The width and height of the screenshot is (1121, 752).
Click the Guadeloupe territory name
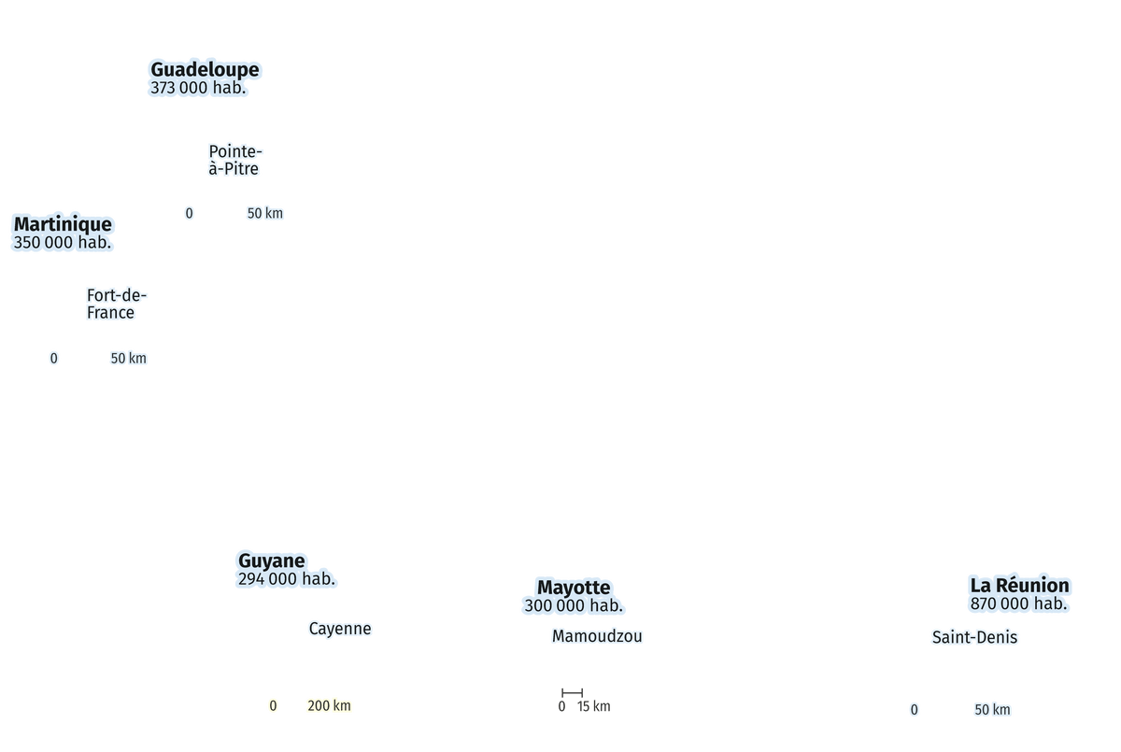205,69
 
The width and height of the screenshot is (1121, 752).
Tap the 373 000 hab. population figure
198,88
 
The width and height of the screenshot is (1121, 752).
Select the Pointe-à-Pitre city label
235,160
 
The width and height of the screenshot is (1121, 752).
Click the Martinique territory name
63,224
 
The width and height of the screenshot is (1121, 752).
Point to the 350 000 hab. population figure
62,242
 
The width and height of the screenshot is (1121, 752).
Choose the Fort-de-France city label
116,304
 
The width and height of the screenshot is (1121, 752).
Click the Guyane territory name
271,560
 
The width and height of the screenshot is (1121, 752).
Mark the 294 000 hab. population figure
286,579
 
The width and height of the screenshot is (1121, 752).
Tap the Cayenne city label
340,629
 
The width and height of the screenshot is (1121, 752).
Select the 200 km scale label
329,705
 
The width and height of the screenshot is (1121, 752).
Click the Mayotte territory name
574,588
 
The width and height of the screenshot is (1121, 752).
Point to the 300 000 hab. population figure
574,605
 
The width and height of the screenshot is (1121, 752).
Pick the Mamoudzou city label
597,636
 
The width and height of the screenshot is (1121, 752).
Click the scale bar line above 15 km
572,693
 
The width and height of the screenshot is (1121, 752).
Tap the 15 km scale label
593,706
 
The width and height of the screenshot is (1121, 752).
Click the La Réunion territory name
1019,586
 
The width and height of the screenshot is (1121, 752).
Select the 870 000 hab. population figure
1018,603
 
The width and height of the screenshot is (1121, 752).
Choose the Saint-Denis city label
974,637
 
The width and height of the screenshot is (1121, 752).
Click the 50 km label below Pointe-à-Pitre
264,213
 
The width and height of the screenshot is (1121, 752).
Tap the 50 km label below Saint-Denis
992,709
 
